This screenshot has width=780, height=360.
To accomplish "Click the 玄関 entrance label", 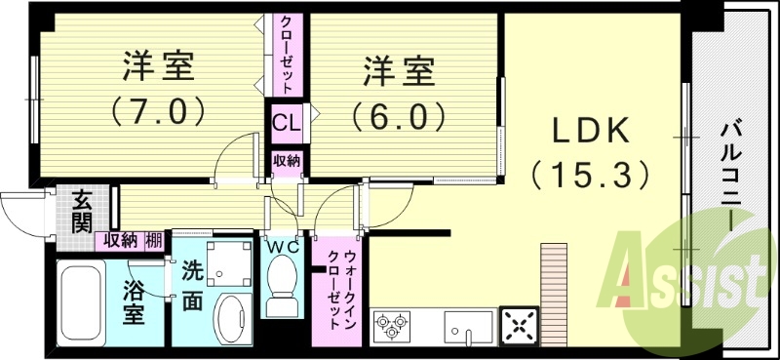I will coord(82,212).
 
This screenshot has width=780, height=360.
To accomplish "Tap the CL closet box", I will coord(286,124).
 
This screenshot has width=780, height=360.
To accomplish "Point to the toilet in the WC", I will coord(285,283).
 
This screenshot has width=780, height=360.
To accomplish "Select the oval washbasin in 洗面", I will coord(230,317).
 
